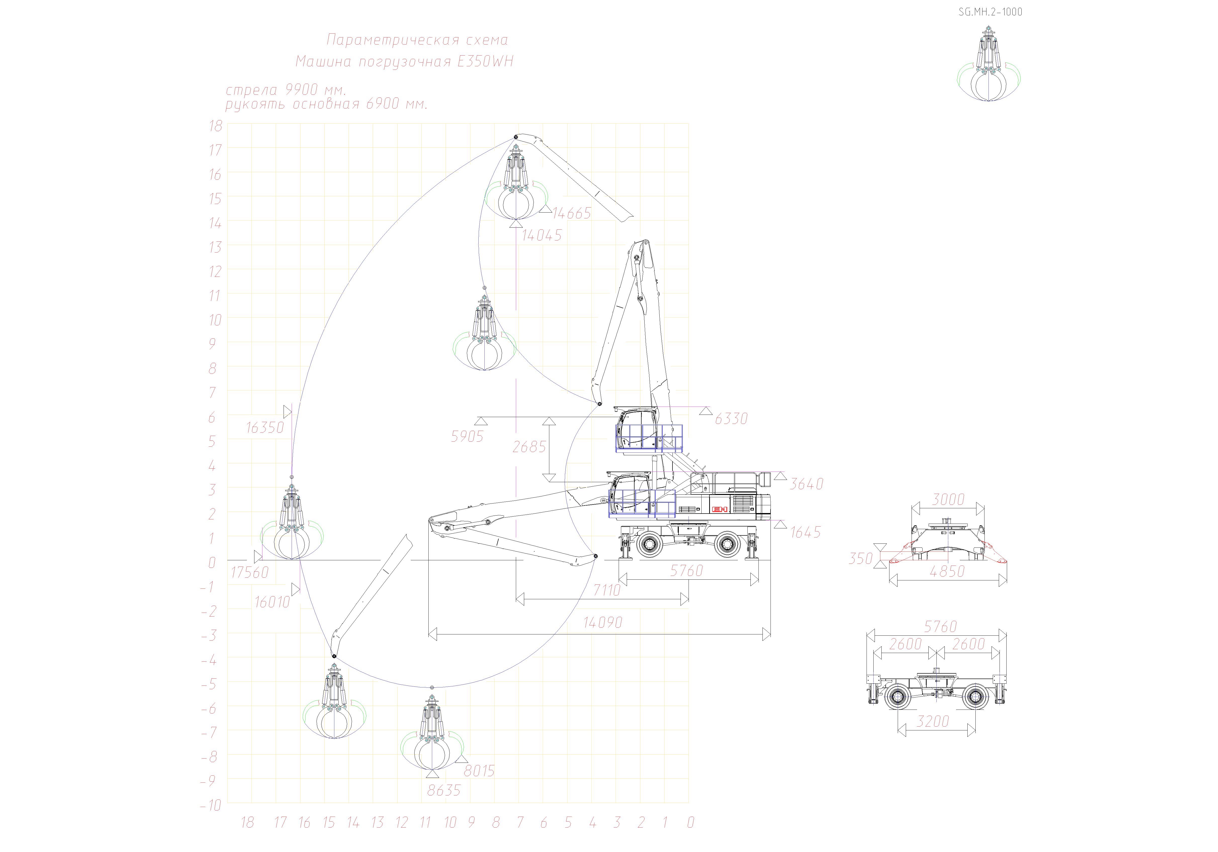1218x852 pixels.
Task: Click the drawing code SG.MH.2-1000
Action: [990, 12]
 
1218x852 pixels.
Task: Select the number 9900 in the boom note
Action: [301, 90]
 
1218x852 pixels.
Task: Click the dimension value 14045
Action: [542, 235]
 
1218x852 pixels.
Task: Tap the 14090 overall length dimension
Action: [603, 622]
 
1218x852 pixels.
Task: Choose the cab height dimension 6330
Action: [731, 419]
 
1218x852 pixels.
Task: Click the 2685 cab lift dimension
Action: [529, 447]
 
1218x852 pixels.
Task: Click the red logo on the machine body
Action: [719, 509]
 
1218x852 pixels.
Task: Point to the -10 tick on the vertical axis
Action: [211, 805]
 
